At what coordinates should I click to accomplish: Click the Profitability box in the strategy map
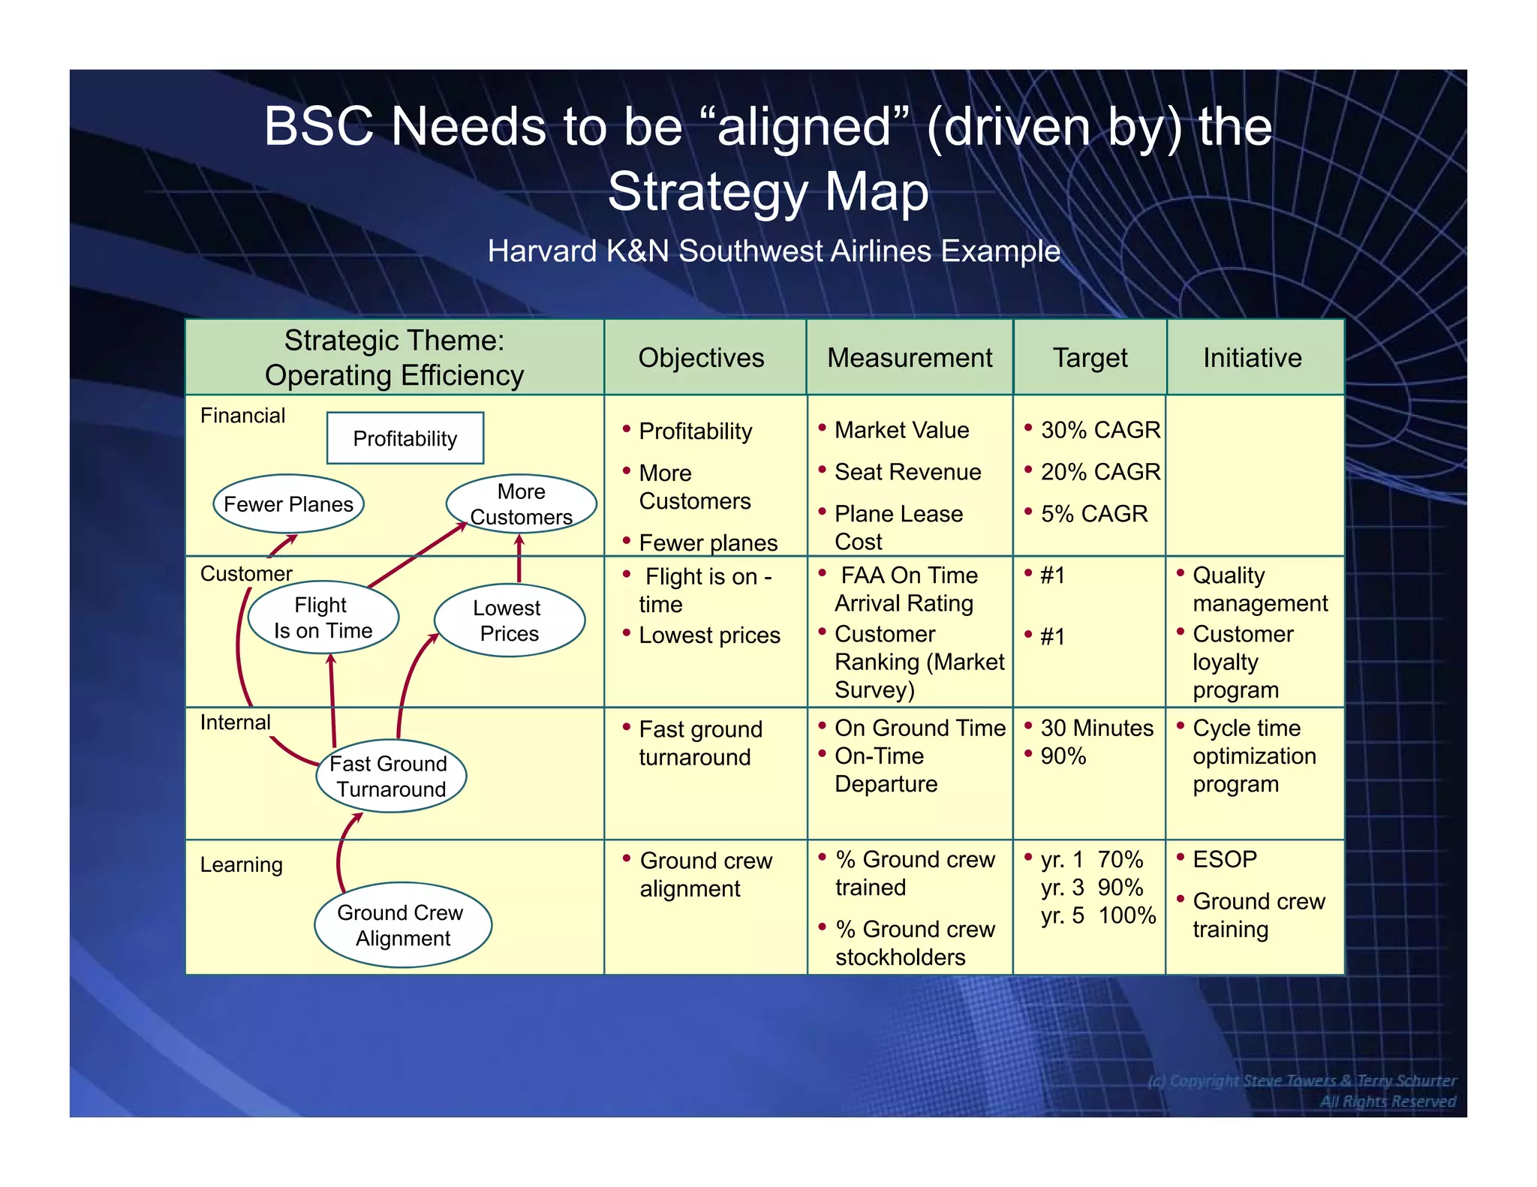click(x=405, y=438)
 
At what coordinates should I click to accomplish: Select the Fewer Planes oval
click(x=288, y=504)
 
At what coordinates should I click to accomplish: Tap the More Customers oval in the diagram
click(x=521, y=503)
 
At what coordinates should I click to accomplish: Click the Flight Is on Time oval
click(x=323, y=618)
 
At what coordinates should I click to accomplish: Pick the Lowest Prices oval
click(x=509, y=621)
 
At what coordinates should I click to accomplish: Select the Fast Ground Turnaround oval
click(x=390, y=776)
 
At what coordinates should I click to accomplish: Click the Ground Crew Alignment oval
click(x=403, y=925)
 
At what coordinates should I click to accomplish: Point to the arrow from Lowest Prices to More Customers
click(x=519, y=559)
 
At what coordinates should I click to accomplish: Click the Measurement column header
click(x=910, y=358)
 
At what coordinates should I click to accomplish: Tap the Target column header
click(x=1090, y=358)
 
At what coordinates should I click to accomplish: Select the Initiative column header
click(x=1253, y=358)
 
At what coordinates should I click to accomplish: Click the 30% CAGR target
click(x=1099, y=430)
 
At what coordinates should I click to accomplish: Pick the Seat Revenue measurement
click(x=907, y=472)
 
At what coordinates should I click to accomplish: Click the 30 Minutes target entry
click(x=1096, y=728)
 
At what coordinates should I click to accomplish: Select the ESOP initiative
click(x=1224, y=859)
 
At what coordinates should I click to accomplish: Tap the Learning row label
click(x=241, y=864)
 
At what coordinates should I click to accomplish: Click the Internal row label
click(x=235, y=723)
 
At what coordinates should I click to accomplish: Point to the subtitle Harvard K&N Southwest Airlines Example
click(x=774, y=251)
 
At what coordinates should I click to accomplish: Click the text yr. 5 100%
click(x=1098, y=915)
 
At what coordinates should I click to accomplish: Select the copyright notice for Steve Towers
click(x=1301, y=1080)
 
